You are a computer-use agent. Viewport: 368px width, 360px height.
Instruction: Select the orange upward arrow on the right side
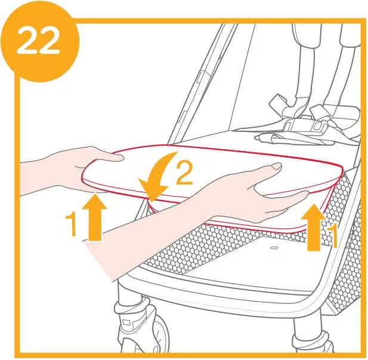click(x=314, y=227)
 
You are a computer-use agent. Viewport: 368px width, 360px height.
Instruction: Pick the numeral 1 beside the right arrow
click(x=333, y=235)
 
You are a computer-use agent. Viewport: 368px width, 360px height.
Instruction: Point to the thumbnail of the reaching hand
click(x=276, y=166)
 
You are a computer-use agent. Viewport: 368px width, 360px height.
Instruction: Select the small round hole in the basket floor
click(x=274, y=247)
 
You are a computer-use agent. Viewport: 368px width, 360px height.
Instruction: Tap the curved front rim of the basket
click(x=239, y=287)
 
